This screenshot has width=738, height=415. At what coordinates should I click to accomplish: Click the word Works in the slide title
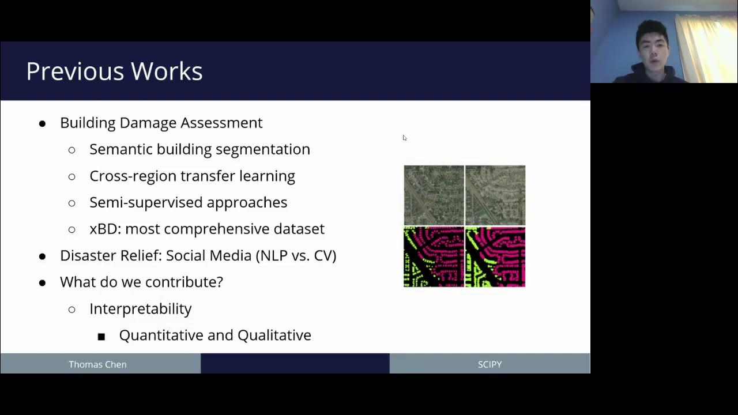tap(167, 71)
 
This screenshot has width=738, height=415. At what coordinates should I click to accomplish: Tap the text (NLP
tap(272, 255)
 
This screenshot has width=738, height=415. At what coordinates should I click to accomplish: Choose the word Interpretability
tap(140, 309)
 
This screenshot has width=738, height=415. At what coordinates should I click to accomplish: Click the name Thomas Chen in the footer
tap(97, 364)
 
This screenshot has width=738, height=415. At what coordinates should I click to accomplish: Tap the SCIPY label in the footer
tap(490, 364)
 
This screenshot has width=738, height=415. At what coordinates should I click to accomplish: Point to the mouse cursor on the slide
tap(404, 137)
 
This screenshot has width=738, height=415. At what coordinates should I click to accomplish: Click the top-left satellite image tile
tap(434, 195)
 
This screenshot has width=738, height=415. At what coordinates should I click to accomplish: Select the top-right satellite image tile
tap(495, 195)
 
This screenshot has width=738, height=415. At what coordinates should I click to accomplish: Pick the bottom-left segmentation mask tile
tap(434, 256)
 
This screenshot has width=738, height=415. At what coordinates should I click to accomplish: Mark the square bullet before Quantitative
tap(101, 336)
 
